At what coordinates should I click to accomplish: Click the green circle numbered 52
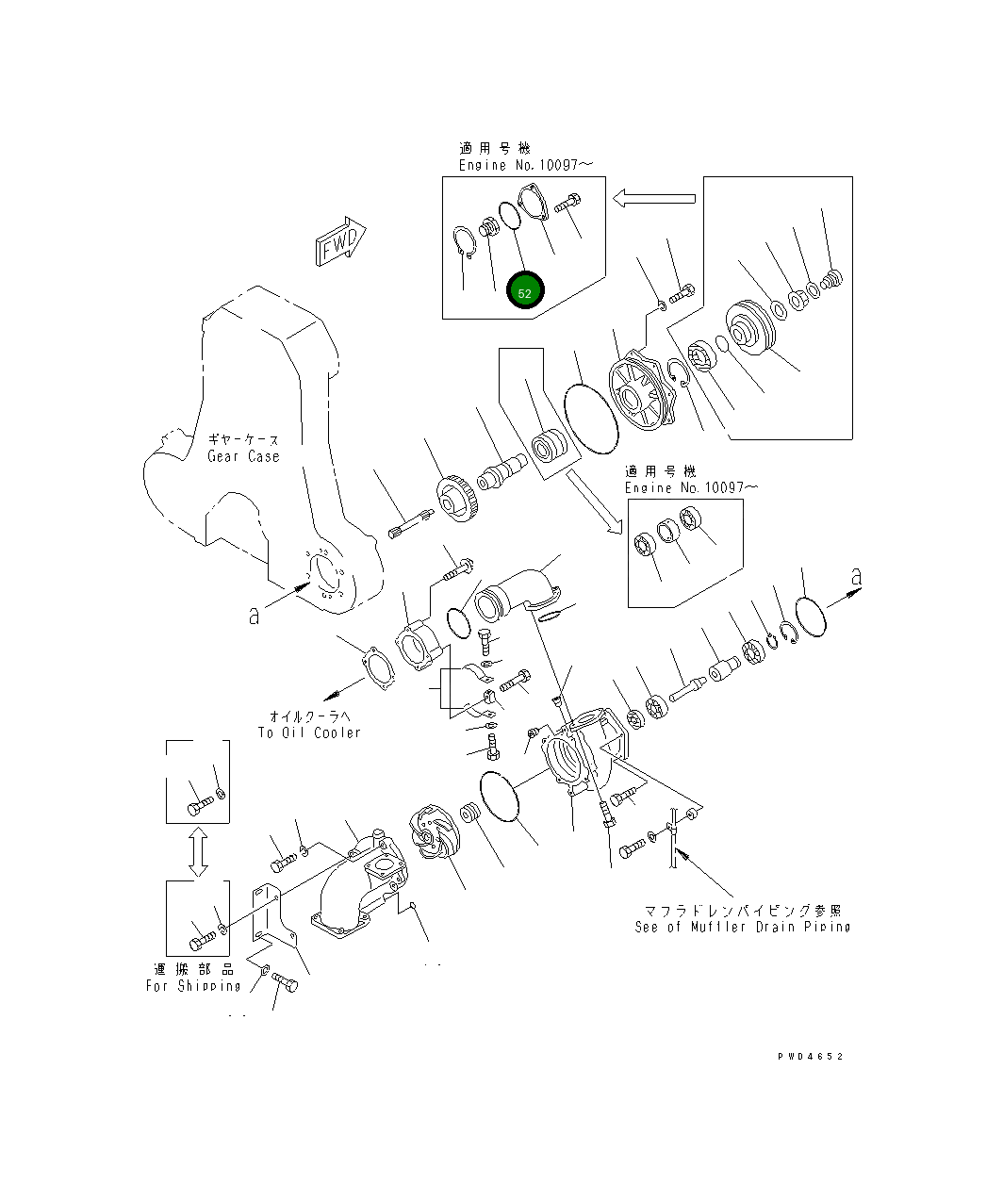[525, 292]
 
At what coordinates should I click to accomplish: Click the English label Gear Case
[243, 456]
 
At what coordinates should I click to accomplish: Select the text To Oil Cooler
[309, 732]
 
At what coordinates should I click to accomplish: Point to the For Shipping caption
[193, 986]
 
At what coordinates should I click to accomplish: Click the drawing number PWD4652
[810, 1056]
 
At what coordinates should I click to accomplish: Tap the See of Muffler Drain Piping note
[742, 927]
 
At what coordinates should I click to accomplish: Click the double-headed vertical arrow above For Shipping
[197, 852]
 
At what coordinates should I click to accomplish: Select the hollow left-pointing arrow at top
[653, 198]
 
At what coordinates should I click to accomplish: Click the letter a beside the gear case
[254, 616]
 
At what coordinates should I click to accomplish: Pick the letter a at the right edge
[855, 575]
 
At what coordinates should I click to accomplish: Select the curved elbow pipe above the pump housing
[517, 592]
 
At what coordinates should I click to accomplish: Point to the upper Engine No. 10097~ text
[526, 165]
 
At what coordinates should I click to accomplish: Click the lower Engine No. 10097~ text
[691, 487]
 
